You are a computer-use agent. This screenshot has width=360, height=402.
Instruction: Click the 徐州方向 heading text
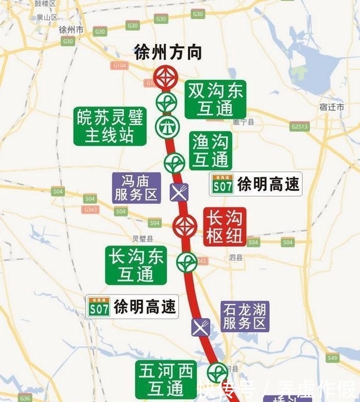[168, 53]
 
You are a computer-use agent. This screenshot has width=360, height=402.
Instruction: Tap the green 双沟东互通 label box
[215, 99]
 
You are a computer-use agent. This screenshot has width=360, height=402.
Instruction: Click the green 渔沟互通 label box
[210, 150]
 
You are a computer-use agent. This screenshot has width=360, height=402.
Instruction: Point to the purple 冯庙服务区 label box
[137, 188]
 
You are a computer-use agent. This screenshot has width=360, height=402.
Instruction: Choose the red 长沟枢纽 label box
[224, 227]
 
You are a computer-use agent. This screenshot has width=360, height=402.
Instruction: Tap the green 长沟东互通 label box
[136, 265]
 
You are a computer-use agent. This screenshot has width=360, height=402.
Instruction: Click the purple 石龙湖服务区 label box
[245, 316]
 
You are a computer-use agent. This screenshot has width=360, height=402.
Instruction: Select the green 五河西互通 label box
[166, 379]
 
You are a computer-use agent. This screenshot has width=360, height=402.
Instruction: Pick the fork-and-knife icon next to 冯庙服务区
[179, 193]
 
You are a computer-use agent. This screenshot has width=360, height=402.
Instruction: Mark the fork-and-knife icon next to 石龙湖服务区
[201, 327]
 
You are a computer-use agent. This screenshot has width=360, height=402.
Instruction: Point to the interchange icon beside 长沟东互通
[186, 262]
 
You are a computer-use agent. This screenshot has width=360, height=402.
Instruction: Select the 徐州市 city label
[71, 29]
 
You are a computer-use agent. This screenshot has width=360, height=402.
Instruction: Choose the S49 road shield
[332, 358]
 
